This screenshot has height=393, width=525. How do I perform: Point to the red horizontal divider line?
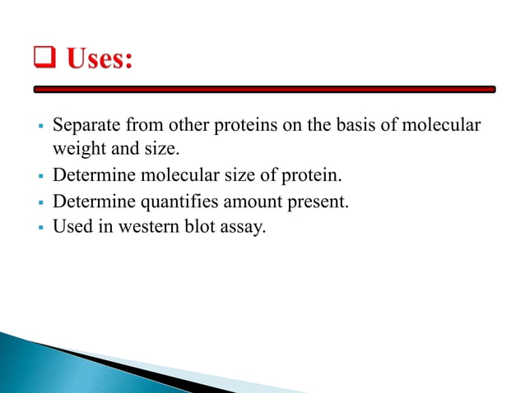point(263,89)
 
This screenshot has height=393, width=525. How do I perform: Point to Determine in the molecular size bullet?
point(89,174)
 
